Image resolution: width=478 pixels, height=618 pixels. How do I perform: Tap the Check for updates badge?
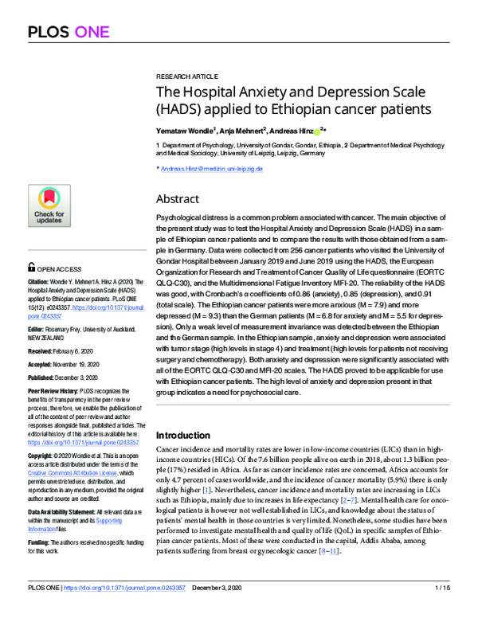point(49,205)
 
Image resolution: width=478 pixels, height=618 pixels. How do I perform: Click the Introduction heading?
point(187,436)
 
